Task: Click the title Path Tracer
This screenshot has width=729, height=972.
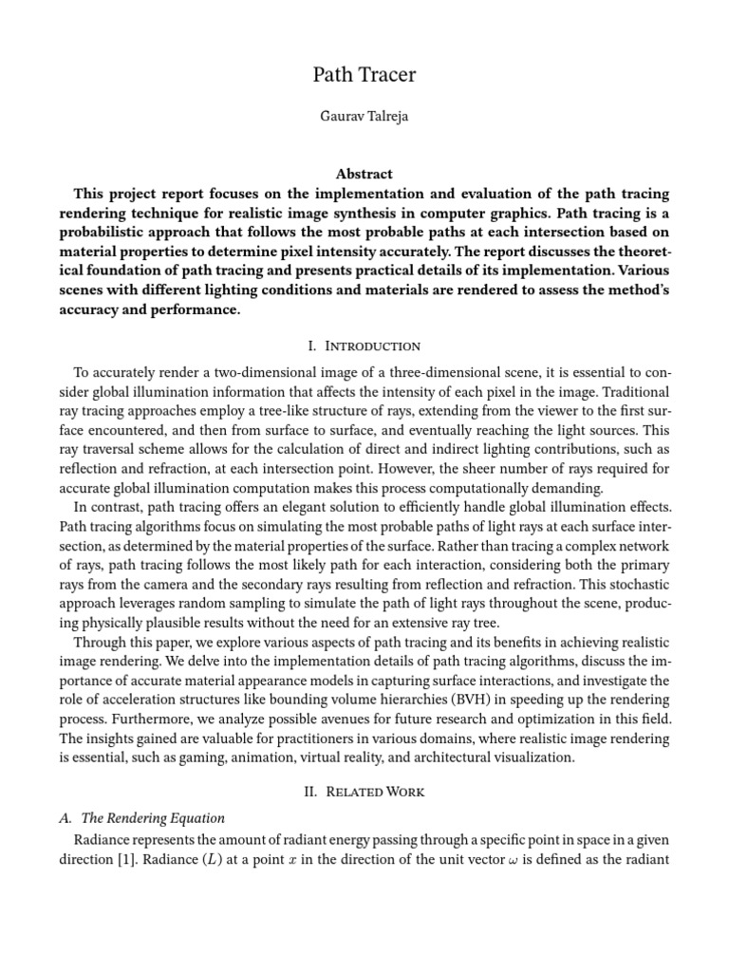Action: pyautogui.click(x=364, y=75)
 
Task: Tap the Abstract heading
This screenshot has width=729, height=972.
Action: pyautogui.click(x=364, y=175)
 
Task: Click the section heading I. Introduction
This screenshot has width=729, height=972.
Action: pyautogui.click(x=364, y=346)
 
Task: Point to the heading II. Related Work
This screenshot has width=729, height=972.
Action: pyautogui.click(x=364, y=791)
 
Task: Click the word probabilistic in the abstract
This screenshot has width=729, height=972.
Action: pyautogui.click(x=103, y=233)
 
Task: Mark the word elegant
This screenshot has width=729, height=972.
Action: pyautogui.click(x=284, y=508)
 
